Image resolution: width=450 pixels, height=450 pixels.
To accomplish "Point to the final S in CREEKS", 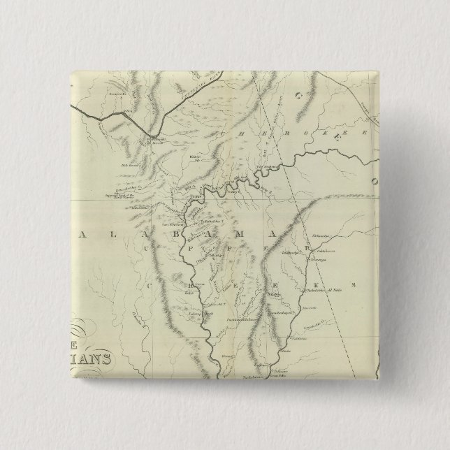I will click(353, 284).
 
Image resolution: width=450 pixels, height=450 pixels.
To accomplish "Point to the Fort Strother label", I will click(171, 224).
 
